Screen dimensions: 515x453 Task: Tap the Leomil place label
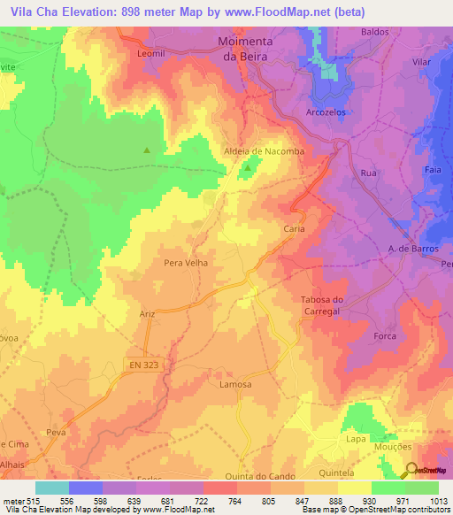click(152, 53)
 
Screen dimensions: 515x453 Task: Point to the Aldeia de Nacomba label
click(251, 151)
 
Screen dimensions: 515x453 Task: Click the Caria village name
click(294, 228)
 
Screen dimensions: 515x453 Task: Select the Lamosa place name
click(235, 385)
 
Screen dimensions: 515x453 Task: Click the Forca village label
click(385, 336)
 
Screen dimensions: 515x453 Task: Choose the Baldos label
click(375, 32)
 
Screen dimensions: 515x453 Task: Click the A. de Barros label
click(414, 249)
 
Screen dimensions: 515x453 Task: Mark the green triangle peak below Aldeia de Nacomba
click(248, 167)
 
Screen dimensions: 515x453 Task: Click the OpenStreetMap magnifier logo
click(412, 470)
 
